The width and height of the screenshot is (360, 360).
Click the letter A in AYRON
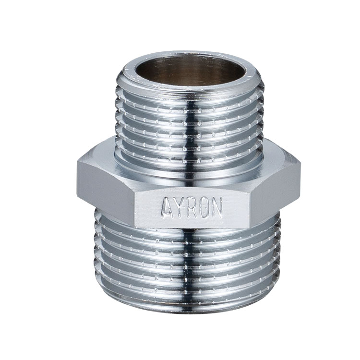[x=167, y=208]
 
